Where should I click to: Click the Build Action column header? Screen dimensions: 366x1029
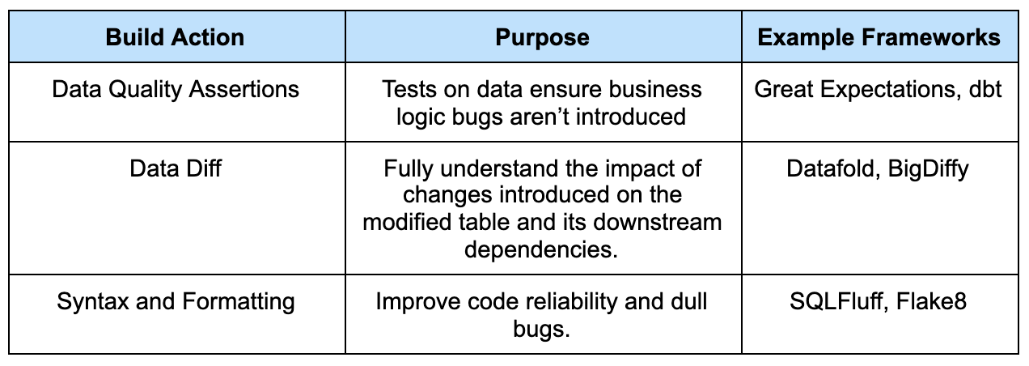pyautogui.click(x=175, y=37)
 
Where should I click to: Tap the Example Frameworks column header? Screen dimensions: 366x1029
pyautogui.click(x=879, y=37)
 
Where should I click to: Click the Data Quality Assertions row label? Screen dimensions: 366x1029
pyautogui.click(x=176, y=88)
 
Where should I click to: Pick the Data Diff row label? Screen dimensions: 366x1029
pyautogui.click(x=176, y=169)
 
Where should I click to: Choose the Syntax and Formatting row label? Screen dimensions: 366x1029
pyautogui.click(x=176, y=302)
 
